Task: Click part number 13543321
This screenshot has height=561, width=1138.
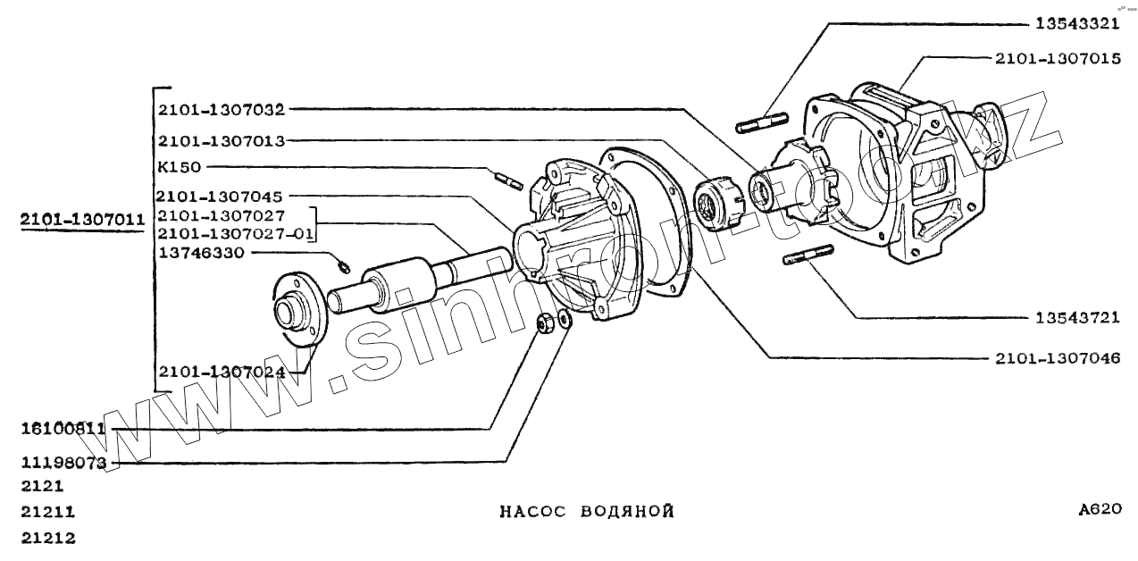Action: tap(1089, 24)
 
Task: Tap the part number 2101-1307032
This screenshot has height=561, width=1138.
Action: tap(220, 111)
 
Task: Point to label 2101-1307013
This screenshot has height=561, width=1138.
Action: tap(220, 141)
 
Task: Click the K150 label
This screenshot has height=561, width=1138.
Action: tap(179, 167)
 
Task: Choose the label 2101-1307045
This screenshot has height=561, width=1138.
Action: tap(220, 196)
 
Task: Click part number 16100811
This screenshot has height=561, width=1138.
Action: tap(63, 429)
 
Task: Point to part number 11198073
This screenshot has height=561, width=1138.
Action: tap(63, 463)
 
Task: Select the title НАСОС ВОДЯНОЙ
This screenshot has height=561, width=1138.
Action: tap(586, 512)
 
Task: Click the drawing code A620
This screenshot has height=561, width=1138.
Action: tap(1099, 510)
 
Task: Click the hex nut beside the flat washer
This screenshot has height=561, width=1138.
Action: tap(542, 322)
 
